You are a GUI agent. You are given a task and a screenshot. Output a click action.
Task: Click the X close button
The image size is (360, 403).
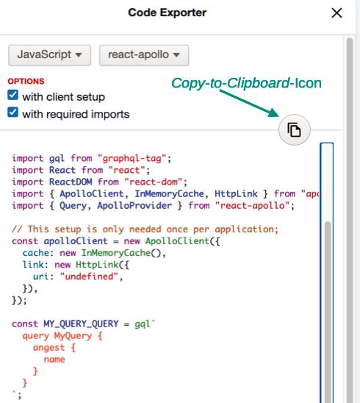coord(336,13)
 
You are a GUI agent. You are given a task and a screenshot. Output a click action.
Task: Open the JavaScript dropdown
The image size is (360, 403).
coord(49,55)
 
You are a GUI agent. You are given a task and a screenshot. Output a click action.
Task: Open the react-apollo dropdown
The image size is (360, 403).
coord(144,55)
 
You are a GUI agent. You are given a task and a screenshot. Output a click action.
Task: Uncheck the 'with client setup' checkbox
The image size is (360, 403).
coord(12,95)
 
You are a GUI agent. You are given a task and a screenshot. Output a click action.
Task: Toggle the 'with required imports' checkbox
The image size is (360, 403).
coord(12,112)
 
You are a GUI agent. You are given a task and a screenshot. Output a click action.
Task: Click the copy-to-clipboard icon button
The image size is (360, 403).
coord(295,129)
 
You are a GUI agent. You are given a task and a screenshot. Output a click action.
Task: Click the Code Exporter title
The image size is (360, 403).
coord(168,13)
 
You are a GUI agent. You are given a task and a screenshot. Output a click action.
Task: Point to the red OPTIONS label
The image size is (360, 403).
coord(26,81)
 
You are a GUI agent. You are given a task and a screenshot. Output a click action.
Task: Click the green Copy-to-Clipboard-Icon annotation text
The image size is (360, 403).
coord(246,83)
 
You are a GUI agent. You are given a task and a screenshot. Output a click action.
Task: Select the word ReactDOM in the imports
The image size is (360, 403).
coord(71,182)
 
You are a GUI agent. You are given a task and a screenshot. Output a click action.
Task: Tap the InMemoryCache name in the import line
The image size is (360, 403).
coord(169,194)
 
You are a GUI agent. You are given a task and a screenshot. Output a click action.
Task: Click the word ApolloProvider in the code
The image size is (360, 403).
coord(134,206)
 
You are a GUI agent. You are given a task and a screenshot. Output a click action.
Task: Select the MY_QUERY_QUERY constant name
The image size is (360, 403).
coord(81,324)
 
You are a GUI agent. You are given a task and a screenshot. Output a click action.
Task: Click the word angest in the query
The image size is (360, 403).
coord(48,348)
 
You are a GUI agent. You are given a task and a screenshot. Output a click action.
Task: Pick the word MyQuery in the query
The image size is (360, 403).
coord(73,336)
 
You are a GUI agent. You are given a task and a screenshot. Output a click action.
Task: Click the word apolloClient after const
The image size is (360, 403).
coord(76,241)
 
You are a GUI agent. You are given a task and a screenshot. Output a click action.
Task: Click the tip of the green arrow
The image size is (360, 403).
coord(279,116)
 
